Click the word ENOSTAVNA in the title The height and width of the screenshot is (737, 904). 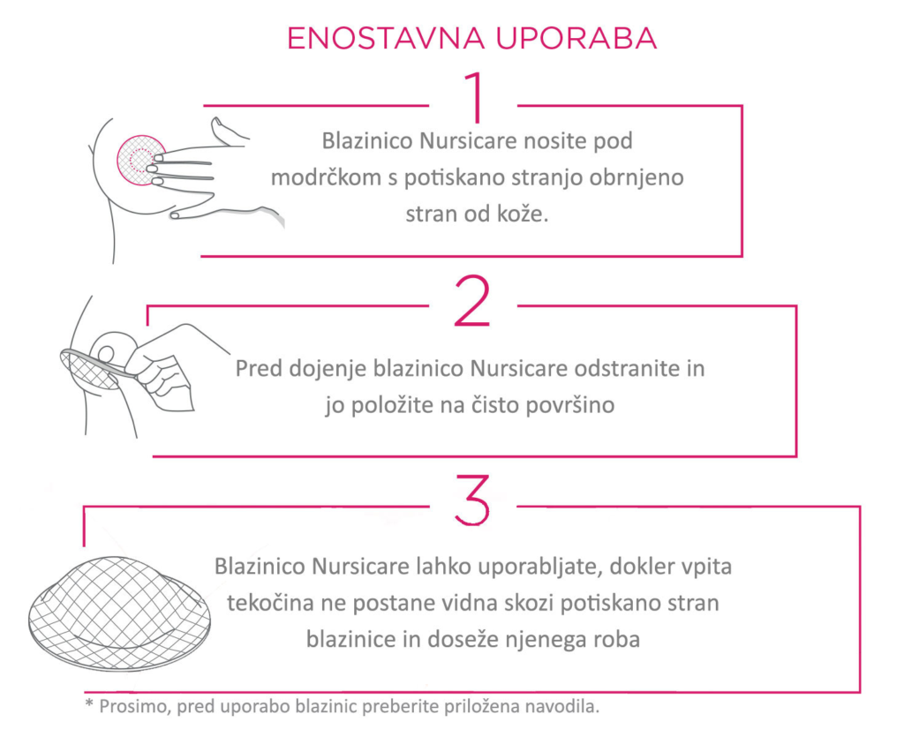tap(386, 39)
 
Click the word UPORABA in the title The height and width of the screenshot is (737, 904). tap(576, 39)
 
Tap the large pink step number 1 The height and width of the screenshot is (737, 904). tap(475, 97)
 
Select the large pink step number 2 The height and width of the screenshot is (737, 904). tap(472, 301)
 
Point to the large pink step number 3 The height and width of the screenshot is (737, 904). tap(472, 500)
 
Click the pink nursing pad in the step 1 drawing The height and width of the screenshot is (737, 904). tap(140, 160)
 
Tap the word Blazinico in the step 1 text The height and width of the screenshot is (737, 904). tap(367, 141)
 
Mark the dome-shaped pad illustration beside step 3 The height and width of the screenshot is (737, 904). tap(119, 614)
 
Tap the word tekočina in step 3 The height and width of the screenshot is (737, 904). tap(271, 604)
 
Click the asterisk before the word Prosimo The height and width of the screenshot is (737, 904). tap(89, 703)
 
